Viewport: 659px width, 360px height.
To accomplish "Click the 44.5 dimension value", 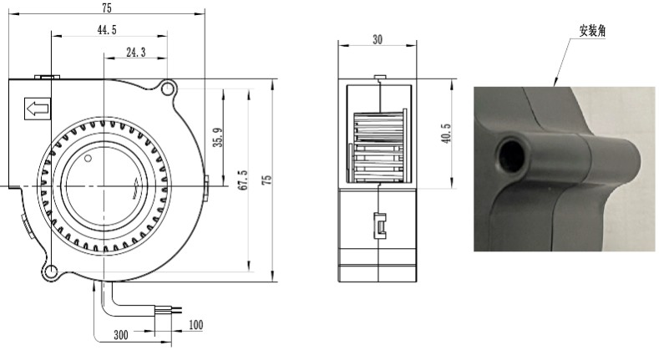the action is click(x=107, y=30).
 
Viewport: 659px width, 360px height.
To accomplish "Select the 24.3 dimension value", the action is click(x=136, y=52).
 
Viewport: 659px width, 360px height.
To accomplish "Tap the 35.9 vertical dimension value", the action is click(x=218, y=137).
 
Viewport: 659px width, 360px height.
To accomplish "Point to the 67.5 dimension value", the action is click(x=243, y=180).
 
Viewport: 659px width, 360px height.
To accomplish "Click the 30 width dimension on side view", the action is click(x=378, y=39).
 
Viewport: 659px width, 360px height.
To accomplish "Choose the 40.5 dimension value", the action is click(x=446, y=133).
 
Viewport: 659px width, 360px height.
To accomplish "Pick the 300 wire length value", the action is click(x=121, y=335).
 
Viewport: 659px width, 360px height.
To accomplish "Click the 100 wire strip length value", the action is click(x=195, y=325).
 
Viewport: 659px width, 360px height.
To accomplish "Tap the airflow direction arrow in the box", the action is click(x=38, y=109).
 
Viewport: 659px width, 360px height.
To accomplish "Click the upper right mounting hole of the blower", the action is click(x=167, y=89).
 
